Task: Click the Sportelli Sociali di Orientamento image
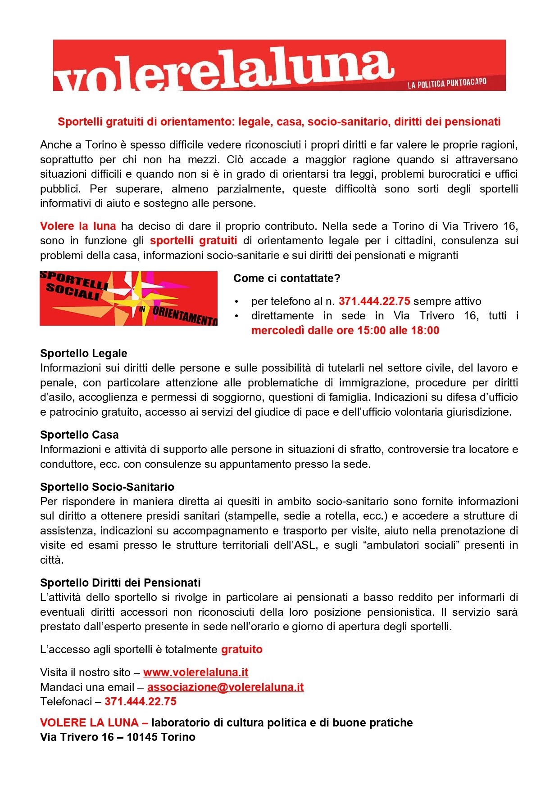[x=128, y=298]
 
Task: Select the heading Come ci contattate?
[x=287, y=278]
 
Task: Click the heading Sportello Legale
[x=84, y=354]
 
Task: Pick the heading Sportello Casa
[x=79, y=435]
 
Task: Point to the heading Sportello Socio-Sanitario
[x=107, y=487]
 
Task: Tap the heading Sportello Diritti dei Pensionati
[x=120, y=583]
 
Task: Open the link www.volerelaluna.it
[x=196, y=672]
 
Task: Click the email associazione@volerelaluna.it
[x=225, y=687]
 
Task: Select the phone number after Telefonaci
[x=141, y=702]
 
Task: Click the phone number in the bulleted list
[x=374, y=301]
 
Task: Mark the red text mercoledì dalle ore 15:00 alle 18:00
[x=345, y=331]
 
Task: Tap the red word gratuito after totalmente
[x=242, y=650]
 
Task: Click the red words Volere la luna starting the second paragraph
[x=78, y=226]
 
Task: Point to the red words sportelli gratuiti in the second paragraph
[x=194, y=241]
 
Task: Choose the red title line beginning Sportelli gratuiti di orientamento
[x=279, y=122]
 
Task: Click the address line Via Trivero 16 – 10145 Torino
[x=118, y=737]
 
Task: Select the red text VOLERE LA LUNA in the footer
[x=89, y=723]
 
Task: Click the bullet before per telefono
[x=236, y=302]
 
